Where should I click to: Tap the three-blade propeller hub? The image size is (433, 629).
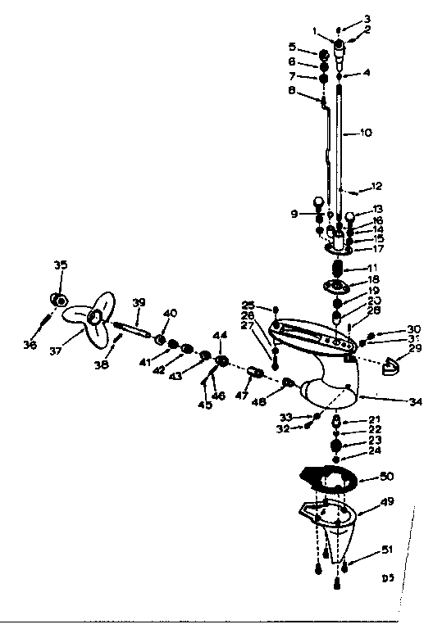click(x=96, y=317)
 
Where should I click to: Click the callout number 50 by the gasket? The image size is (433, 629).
click(x=385, y=476)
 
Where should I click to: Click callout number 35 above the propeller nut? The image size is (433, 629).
click(x=60, y=265)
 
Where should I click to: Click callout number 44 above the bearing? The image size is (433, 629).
click(x=219, y=337)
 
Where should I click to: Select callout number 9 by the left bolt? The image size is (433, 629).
click(x=294, y=215)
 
